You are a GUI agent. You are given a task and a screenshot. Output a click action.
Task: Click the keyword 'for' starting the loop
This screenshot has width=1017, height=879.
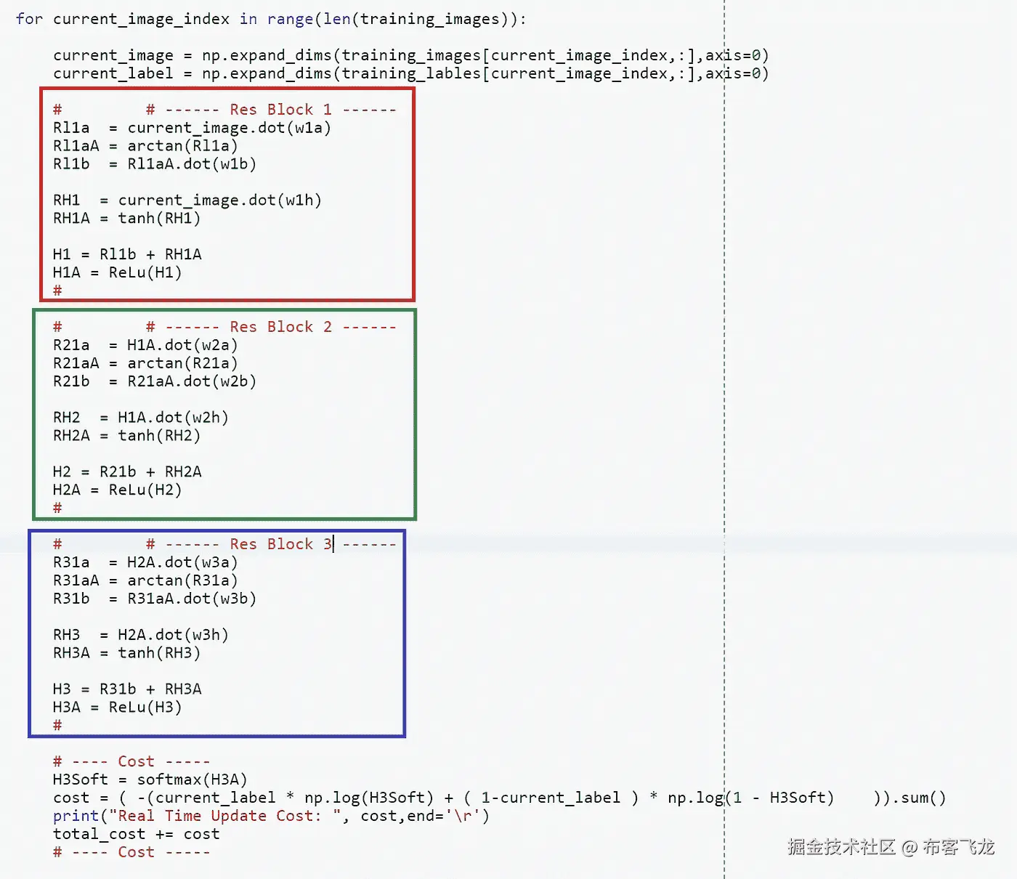[29, 19]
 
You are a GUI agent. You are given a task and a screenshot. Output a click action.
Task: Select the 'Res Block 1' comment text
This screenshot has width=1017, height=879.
[280, 110]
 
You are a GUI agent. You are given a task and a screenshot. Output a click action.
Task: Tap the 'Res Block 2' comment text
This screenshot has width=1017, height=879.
[280, 327]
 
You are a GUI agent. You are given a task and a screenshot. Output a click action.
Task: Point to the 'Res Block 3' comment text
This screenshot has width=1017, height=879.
[280, 544]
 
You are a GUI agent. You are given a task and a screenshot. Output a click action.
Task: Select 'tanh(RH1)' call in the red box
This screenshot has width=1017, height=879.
[159, 218]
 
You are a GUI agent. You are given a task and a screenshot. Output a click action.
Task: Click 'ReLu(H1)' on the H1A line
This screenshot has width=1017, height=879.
[145, 272]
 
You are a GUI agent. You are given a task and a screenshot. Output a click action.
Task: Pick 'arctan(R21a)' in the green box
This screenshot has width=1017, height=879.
[182, 363]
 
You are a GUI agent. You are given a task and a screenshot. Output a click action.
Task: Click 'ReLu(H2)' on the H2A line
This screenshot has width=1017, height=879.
[145, 490]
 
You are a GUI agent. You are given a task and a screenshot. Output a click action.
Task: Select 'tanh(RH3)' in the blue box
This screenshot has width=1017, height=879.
[159, 652]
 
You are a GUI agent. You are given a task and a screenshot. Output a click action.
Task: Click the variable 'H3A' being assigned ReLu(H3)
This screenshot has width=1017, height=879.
[67, 707]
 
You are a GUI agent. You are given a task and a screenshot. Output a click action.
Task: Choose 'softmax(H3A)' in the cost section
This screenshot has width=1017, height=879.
[192, 779]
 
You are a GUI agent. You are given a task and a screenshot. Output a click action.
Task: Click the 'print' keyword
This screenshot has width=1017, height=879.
[76, 816]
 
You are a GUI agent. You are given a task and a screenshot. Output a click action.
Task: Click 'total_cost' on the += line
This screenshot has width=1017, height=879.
[99, 834]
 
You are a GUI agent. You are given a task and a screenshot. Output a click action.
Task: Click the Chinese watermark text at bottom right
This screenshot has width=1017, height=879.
[891, 847]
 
